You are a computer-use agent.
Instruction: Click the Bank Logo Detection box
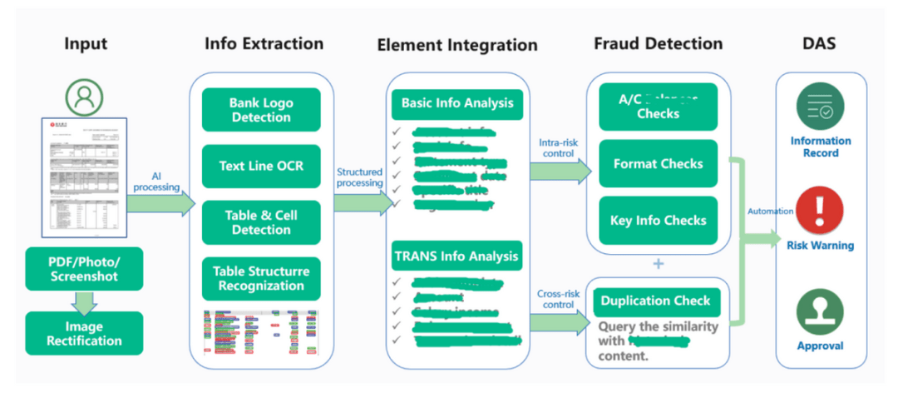point(261,110)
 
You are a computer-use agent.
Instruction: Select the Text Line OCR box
point(261,166)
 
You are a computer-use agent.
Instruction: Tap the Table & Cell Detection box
point(261,222)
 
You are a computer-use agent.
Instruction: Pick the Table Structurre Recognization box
point(261,279)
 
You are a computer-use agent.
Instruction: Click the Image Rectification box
point(84,333)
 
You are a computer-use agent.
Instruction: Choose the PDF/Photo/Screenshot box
point(84,268)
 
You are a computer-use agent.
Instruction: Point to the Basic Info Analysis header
point(457,104)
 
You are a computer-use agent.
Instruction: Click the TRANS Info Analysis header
point(457,256)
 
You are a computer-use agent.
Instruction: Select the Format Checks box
point(658,164)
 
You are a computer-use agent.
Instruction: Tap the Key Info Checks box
point(658,221)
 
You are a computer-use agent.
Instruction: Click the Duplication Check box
point(656,301)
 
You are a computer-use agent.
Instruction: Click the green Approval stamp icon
point(820,312)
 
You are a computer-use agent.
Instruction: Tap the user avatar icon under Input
point(84,98)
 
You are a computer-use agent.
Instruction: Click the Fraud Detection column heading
point(658,43)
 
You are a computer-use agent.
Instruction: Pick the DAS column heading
point(821,43)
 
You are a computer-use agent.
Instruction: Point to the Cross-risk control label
point(557,299)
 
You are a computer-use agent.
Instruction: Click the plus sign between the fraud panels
point(659,264)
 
